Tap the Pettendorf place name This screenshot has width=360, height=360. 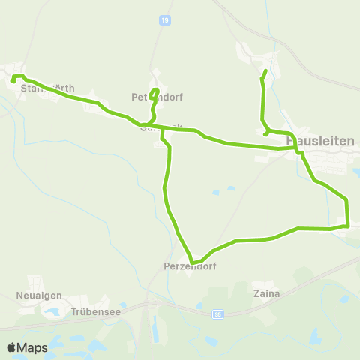point(157,97)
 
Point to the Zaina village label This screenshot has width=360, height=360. point(266,294)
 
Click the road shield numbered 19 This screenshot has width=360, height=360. point(164,21)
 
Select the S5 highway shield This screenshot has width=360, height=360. point(217,314)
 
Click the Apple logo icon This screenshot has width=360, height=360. point(12,348)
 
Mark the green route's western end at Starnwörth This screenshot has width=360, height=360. point(13,80)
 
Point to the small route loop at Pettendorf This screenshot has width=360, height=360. point(154,94)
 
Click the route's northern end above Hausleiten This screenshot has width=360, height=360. point(265,71)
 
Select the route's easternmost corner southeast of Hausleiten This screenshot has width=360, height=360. point(349,224)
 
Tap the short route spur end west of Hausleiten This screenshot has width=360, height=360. point(267,134)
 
